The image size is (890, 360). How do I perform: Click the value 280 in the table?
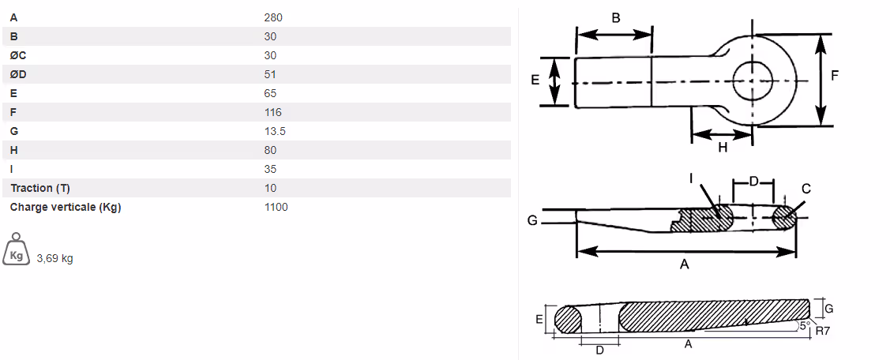(273, 17)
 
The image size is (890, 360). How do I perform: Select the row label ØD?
(19, 74)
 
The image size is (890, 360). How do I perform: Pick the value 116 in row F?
(273, 112)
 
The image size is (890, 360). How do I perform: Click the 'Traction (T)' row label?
(40, 188)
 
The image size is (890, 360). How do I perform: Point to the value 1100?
(276, 207)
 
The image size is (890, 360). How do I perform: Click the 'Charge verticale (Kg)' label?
(65, 207)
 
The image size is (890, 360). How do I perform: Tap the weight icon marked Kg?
(16, 250)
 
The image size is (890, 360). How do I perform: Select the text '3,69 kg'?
(54, 258)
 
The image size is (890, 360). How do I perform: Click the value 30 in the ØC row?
(270, 55)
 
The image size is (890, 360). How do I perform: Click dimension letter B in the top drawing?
(616, 17)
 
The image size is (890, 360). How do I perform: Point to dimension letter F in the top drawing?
(835, 76)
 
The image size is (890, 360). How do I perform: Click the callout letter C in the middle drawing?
(806, 189)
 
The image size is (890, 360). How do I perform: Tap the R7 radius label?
(822, 331)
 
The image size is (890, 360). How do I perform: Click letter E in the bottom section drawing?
(539, 319)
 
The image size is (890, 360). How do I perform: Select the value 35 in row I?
(270, 169)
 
